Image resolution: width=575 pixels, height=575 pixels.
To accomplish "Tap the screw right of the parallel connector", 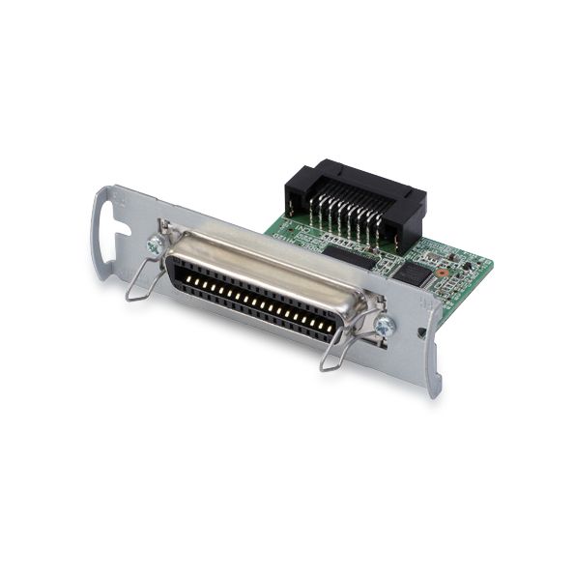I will pyautogui.click(x=384, y=328).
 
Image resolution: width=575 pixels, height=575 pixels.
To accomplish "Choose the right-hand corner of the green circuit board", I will pyautogui.click(x=490, y=262).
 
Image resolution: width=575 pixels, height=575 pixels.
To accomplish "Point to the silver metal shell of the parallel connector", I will pyautogui.click(x=261, y=266).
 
